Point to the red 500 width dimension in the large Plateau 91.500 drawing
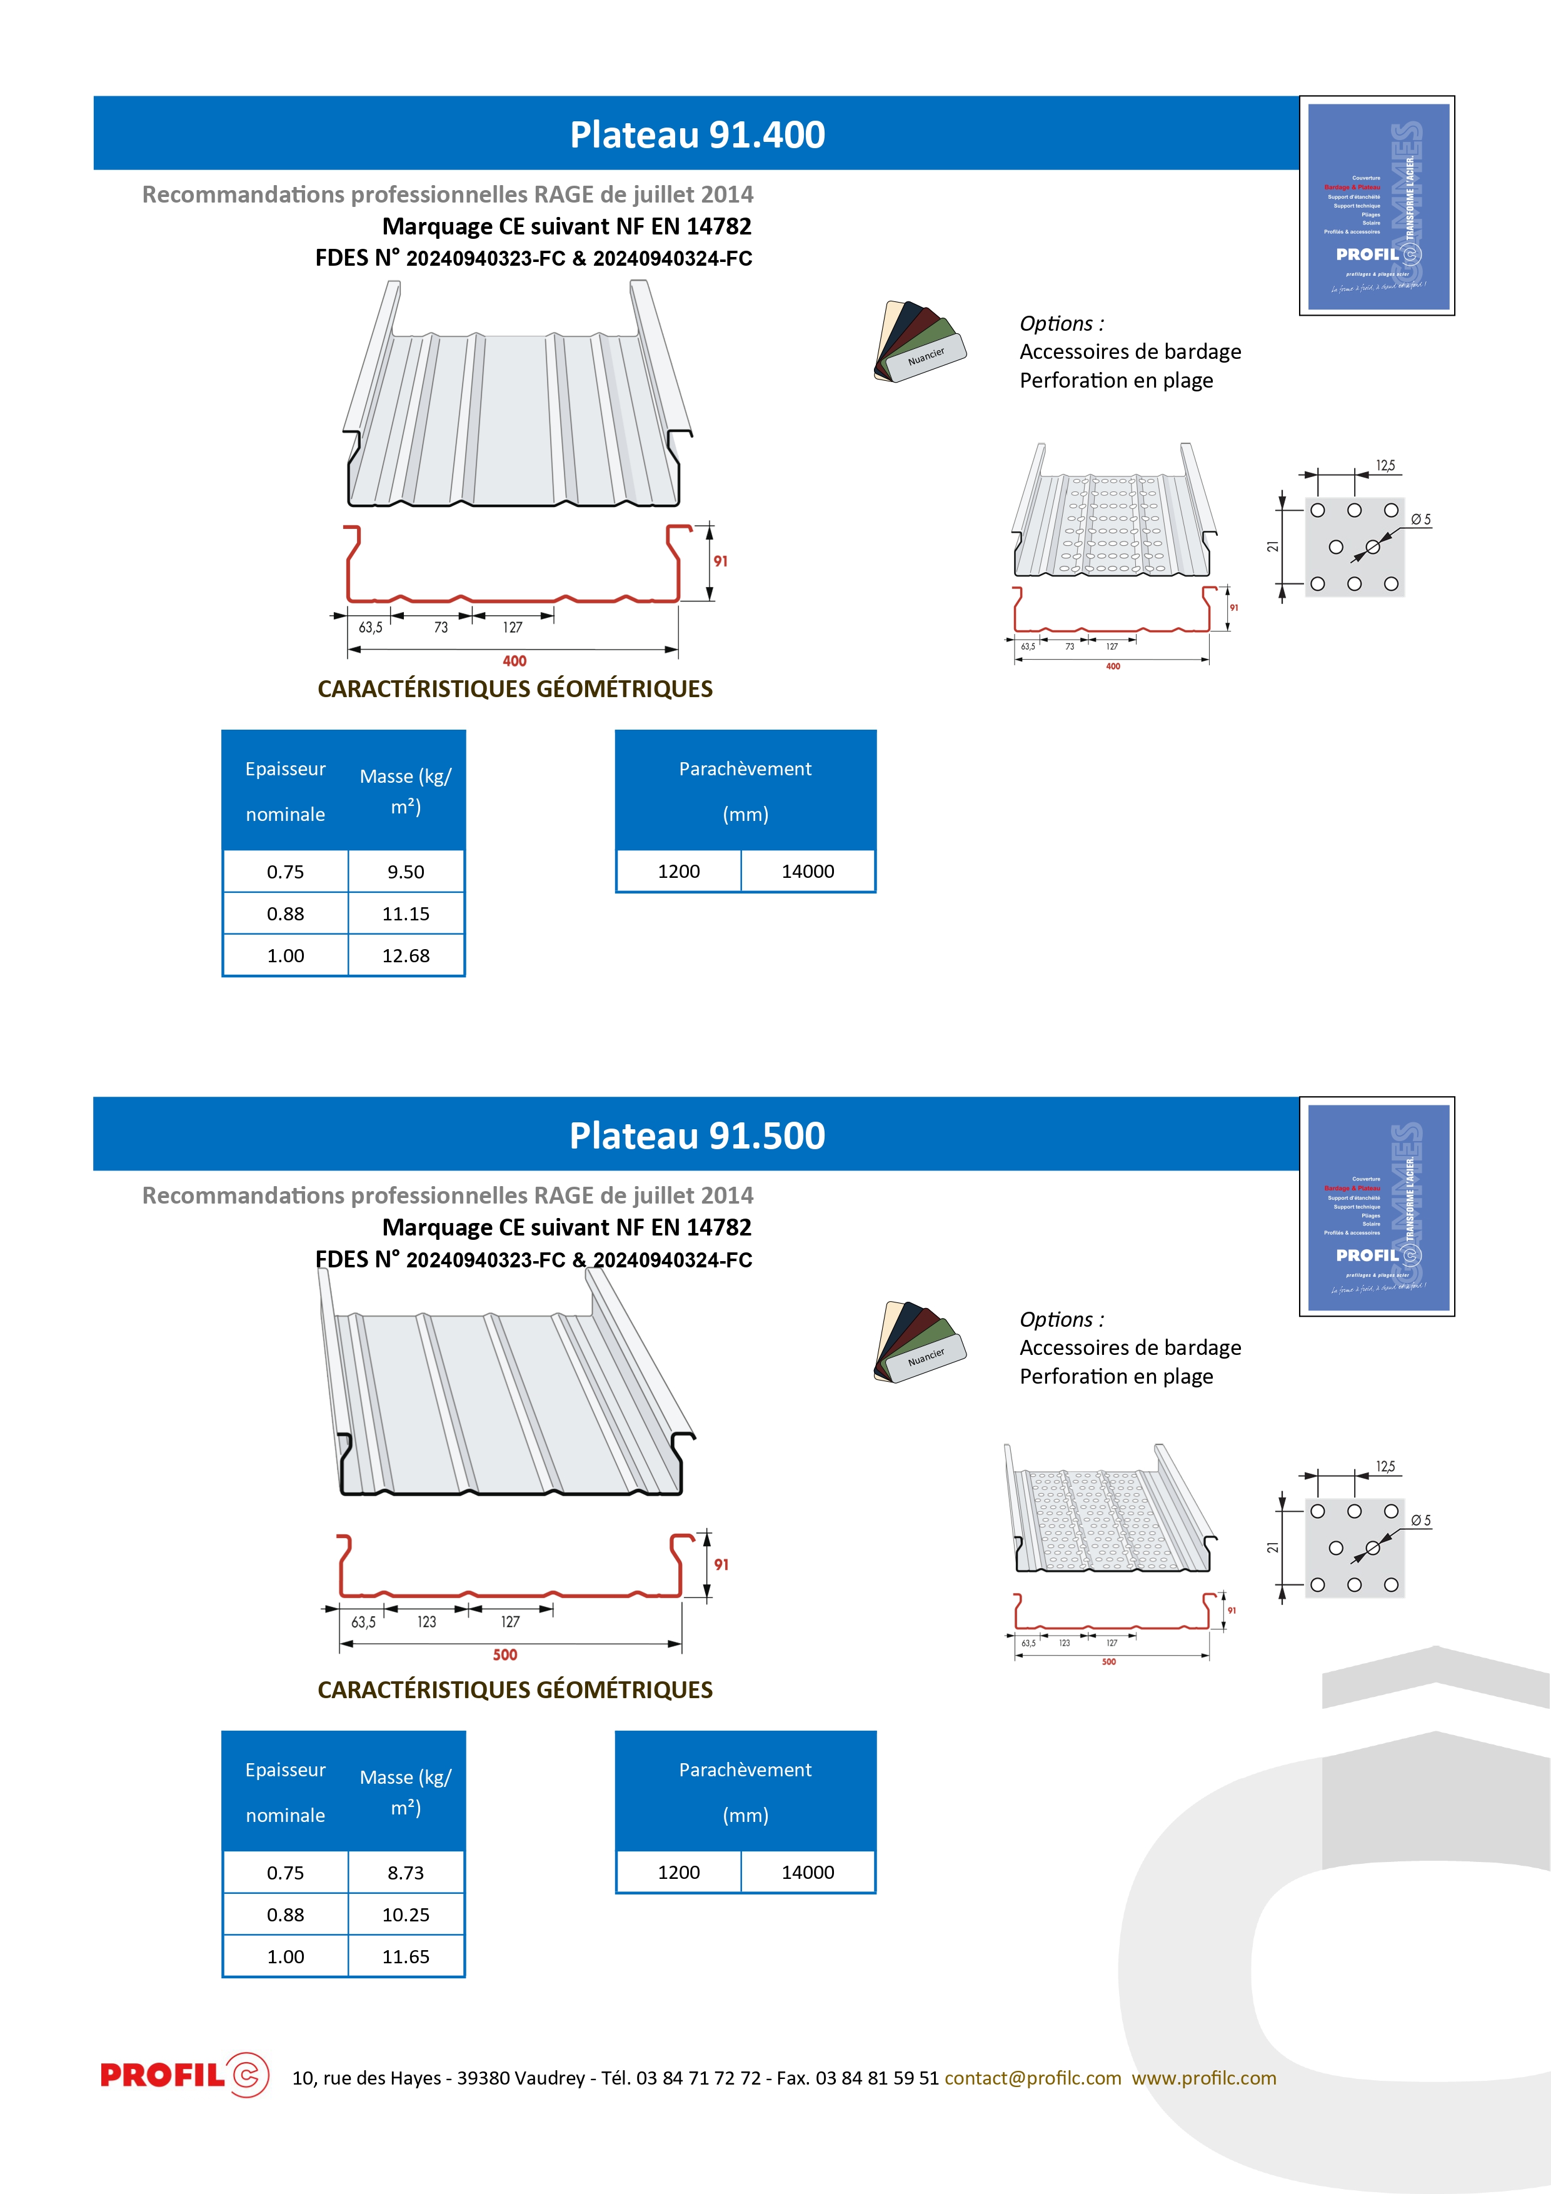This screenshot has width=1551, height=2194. pyautogui.click(x=504, y=1655)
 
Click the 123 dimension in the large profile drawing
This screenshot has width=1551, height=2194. pyautogui.click(x=426, y=1623)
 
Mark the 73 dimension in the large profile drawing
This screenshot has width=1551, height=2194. pyautogui.click(x=441, y=628)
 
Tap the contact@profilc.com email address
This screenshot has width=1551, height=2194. pyautogui.click(x=1032, y=2078)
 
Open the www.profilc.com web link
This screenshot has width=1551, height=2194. pyautogui.click(x=1204, y=2078)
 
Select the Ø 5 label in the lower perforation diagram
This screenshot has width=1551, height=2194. pyautogui.click(x=1420, y=1521)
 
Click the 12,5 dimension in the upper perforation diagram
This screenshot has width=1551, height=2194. pyautogui.click(x=1385, y=465)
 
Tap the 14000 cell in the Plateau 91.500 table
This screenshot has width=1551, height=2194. pyautogui.click(x=808, y=1872)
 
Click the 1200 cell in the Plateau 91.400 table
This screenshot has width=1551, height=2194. pyautogui.click(x=678, y=872)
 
